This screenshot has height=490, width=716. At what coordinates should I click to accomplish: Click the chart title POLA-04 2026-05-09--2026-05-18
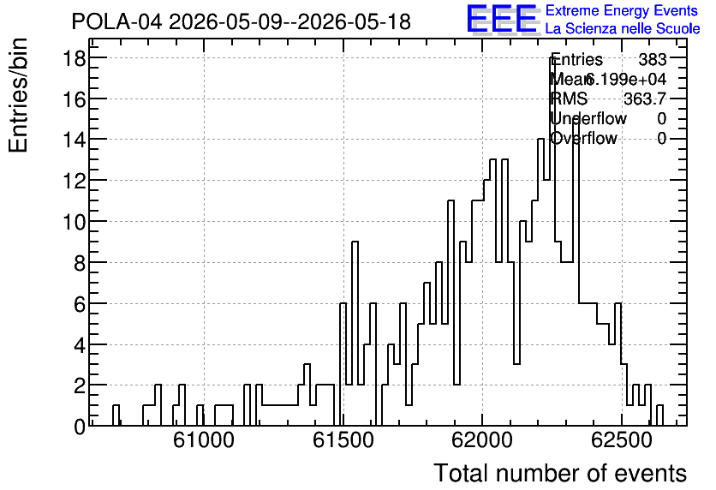242,21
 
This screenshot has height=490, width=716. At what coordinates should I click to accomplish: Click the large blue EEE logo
502,19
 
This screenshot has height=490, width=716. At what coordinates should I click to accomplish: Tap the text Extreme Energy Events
622,10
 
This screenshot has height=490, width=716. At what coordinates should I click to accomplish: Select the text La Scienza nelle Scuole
623,28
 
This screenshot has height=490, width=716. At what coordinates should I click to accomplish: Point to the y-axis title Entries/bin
19,95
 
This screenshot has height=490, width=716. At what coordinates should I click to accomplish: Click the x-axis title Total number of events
560,473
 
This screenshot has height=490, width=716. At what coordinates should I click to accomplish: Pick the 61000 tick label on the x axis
204,440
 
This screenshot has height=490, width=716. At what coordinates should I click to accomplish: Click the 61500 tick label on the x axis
343,440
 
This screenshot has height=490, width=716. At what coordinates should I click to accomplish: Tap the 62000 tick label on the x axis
482,440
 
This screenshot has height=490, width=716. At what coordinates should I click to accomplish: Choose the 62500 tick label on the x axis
622,440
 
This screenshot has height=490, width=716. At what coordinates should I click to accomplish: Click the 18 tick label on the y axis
74,58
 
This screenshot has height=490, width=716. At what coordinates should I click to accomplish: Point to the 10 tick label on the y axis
74,222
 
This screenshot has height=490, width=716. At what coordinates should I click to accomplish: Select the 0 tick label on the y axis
80,427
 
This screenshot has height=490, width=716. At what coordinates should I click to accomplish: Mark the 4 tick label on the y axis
80,344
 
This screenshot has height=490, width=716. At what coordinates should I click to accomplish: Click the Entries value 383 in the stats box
652,59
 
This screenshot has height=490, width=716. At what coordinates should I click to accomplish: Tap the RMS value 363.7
645,99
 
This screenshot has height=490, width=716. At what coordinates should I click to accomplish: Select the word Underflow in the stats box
588,118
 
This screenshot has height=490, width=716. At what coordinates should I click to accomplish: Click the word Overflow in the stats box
584,138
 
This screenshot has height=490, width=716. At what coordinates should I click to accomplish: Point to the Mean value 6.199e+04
625,79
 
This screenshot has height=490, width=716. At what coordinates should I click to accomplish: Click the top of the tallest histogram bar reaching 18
552,58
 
